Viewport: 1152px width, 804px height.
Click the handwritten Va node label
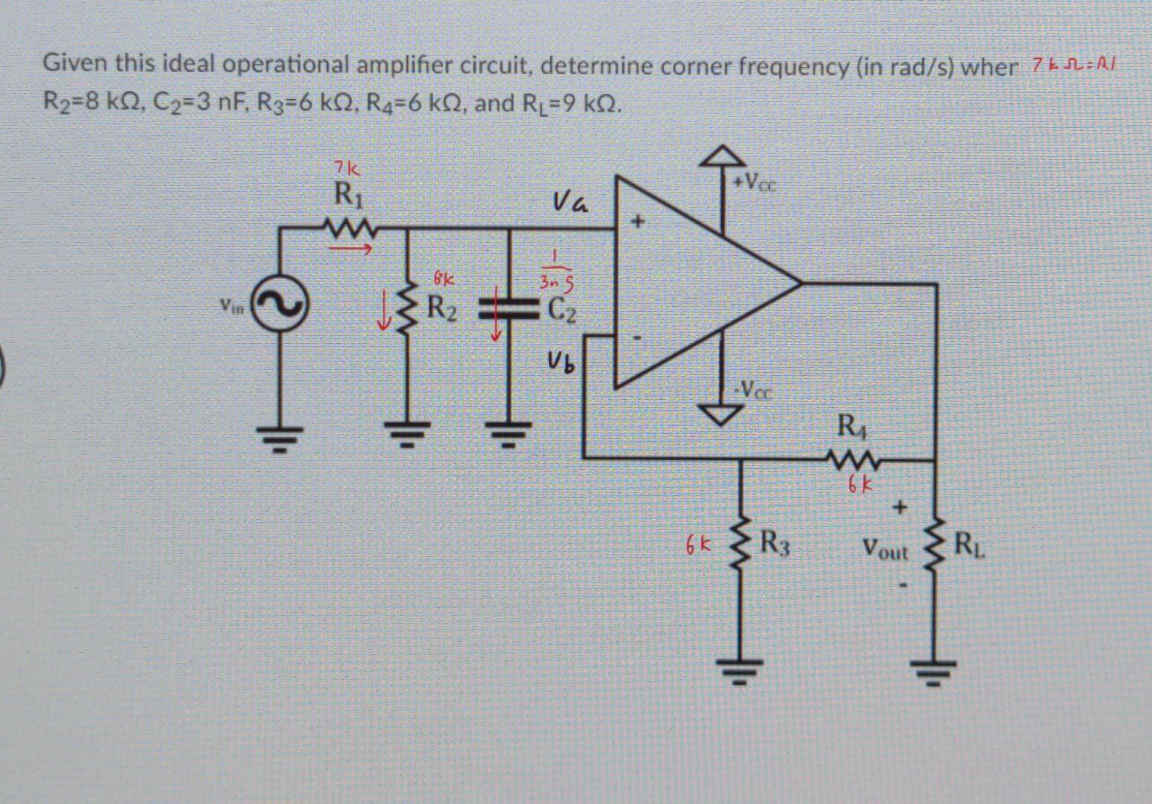570,202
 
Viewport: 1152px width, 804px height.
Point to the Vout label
885,552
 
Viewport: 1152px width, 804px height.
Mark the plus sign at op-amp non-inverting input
637,222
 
